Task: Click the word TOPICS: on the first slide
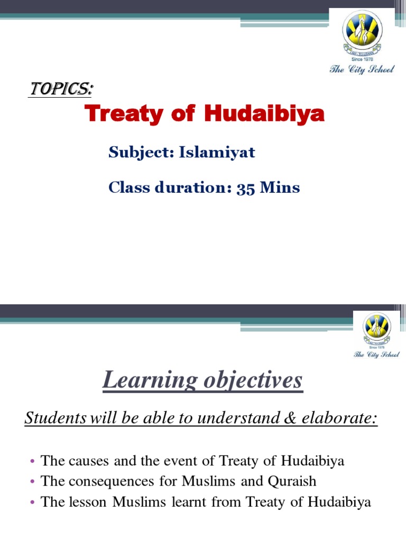coord(60,90)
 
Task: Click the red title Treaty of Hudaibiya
coord(205,115)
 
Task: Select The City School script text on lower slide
coord(376,353)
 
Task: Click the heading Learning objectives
coord(202,380)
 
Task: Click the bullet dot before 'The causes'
coord(32,462)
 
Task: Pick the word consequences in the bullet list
coord(107,481)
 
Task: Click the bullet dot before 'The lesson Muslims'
coord(32,502)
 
